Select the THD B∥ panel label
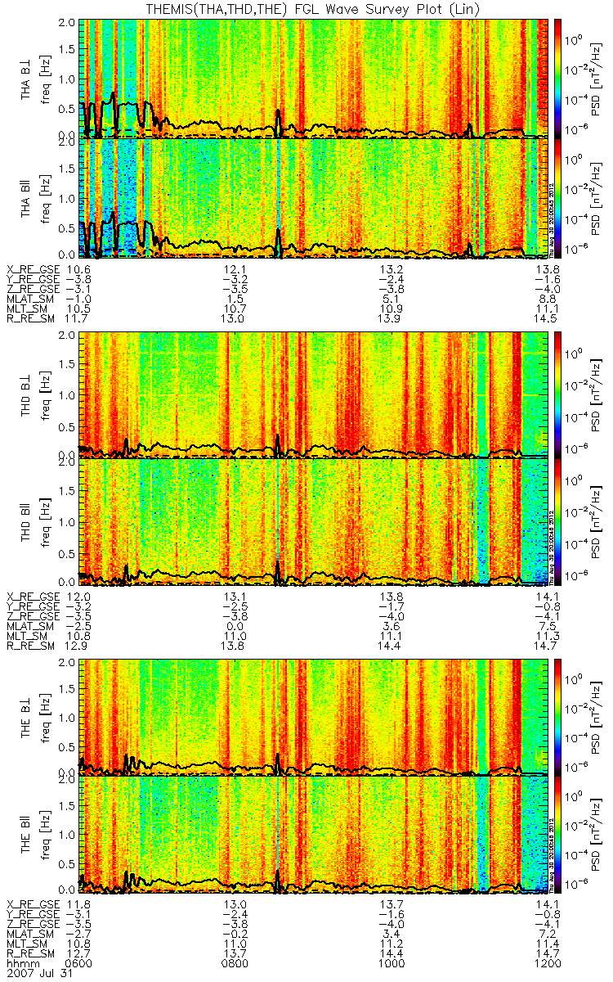pyautogui.click(x=27, y=520)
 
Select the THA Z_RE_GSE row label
pyautogui.click(x=33, y=289)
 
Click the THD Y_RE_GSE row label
pyautogui.click(x=33, y=604)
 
